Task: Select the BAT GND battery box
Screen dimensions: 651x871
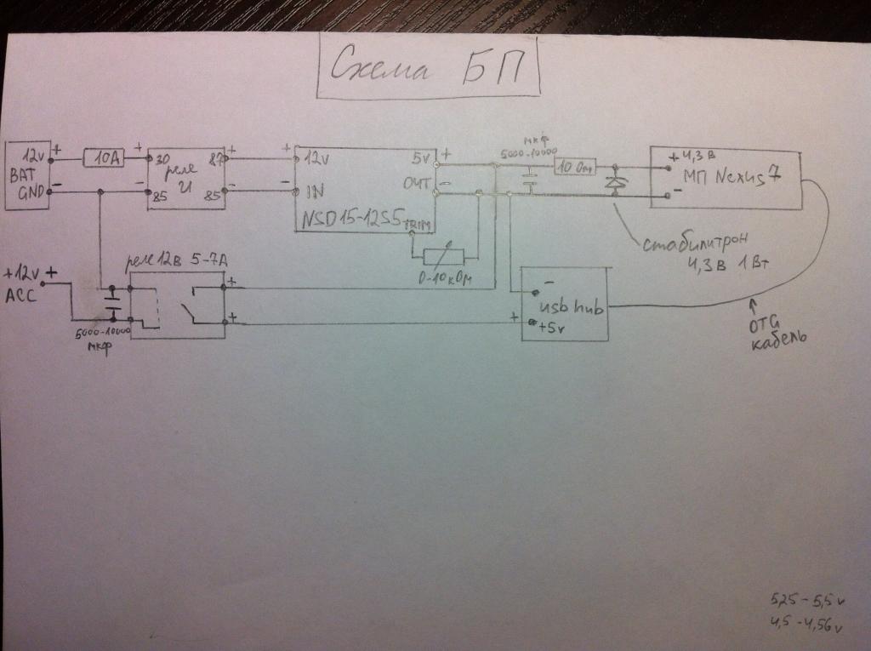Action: tap(28, 174)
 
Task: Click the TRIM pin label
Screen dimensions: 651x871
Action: tap(418, 225)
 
